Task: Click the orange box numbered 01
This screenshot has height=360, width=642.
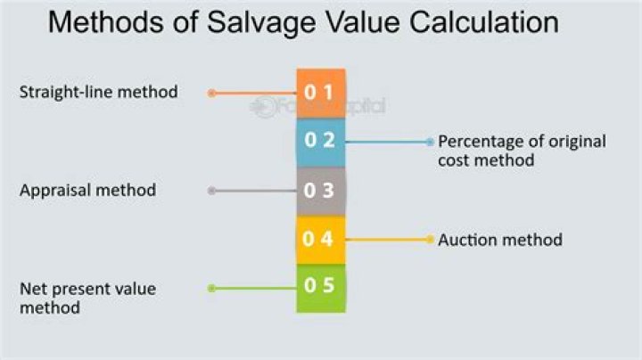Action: [321, 93]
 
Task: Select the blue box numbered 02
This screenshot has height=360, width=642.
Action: [321, 142]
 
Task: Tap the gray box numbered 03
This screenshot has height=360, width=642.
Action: [321, 190]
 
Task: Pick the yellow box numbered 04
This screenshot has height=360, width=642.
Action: [321, 239]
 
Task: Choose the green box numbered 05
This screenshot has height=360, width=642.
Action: [321, 288]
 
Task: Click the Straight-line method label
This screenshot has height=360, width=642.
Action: [98, 92]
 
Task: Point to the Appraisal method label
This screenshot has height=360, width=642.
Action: [87, 190]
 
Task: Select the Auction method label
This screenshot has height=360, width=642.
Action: [500, 240]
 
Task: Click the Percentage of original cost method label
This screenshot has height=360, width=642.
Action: [522, 151]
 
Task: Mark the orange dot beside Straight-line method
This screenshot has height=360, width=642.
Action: [211, 93]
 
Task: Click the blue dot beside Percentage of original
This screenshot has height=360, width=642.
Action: [430, 142]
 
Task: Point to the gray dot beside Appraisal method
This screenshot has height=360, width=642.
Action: [211, 190]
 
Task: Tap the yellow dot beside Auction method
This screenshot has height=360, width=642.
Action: [430, 239]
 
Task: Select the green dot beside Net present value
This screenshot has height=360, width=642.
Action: [211, 288]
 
